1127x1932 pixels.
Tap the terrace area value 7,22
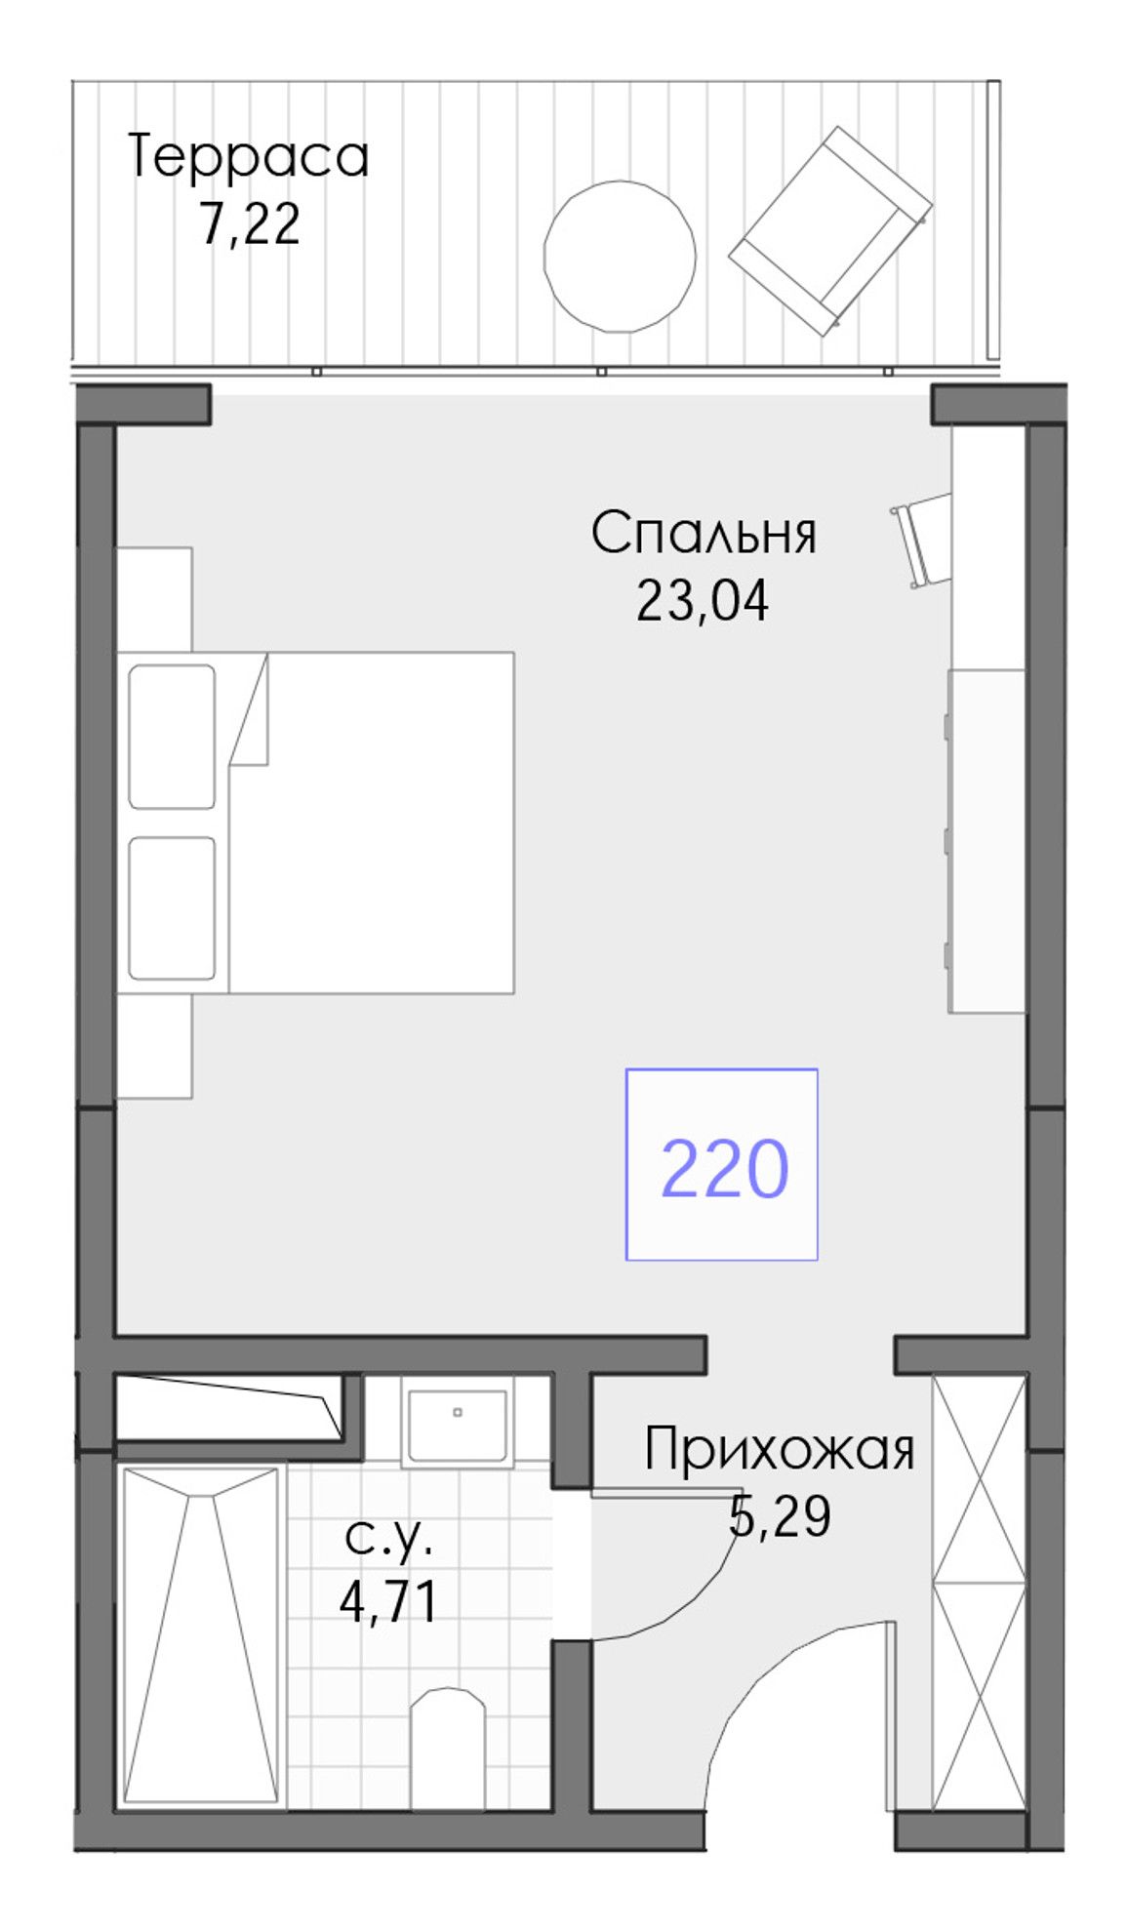(x=249, y=223)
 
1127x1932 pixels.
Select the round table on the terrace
(x=619, y=256)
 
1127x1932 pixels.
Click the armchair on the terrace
(x=830, y=230)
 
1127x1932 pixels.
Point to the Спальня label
(x=704, y=533)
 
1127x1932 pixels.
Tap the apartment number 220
(x=724, y=1168)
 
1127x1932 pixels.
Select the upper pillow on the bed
(x=172, y=737)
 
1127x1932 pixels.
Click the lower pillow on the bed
(x=172, y=907)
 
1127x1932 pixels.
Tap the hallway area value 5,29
(x=780, y=1516)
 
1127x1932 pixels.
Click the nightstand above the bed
(x=154, y=598)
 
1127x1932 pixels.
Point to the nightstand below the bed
(x=154, y=1046)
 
